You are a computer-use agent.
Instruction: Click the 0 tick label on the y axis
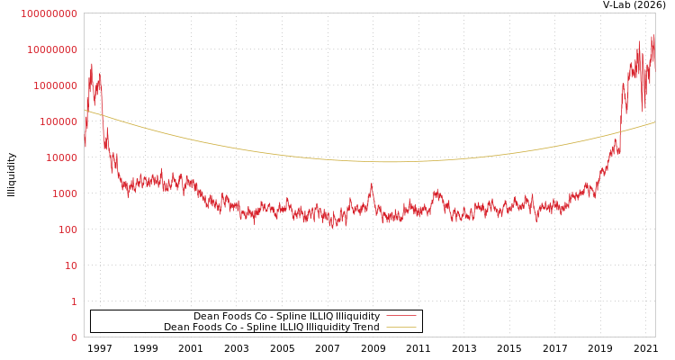click(74, 337)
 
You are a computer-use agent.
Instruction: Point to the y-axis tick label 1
click(74, 301)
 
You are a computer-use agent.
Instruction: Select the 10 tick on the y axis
click(71, 265)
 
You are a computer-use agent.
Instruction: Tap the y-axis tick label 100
click(68, 229)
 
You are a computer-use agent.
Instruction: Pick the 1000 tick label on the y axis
click(66, 193)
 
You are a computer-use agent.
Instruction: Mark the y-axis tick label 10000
click(62, 157)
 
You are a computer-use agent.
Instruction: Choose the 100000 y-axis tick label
click(59, 121)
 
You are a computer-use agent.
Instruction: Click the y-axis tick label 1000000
click(57, 85)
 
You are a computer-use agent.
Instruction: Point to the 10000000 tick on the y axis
click(53, 49)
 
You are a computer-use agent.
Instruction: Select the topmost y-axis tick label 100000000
click(49, 13)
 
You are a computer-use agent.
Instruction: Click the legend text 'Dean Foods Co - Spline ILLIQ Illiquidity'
click(286, 316)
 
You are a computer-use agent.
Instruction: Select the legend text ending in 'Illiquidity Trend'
click(271, 327)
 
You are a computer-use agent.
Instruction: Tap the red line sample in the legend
click(400, 316)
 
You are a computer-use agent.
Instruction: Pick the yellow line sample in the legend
click(400, 327)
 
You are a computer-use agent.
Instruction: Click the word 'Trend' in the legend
click(366, 327)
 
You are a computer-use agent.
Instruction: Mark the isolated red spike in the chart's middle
click(371, 184)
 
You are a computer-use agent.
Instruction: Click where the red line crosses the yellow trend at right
click(620, 132)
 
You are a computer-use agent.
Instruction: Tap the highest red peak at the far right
click(652, 36)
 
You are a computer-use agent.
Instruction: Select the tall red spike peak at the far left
click(92, 64)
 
